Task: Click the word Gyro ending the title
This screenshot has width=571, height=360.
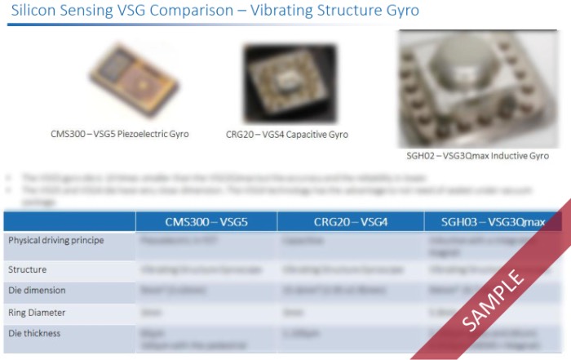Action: (x=403, y=12)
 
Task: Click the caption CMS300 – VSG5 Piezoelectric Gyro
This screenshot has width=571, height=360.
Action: (x=119, y=133)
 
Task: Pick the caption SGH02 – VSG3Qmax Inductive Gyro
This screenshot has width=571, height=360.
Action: (x=477, y=155)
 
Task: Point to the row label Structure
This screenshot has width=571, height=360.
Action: (x=27, y=269)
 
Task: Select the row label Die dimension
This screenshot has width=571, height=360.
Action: (x=37, y=290)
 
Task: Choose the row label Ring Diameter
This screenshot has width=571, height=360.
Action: (x=37, y=312)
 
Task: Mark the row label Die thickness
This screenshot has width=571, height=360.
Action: (x=34, y=333)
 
